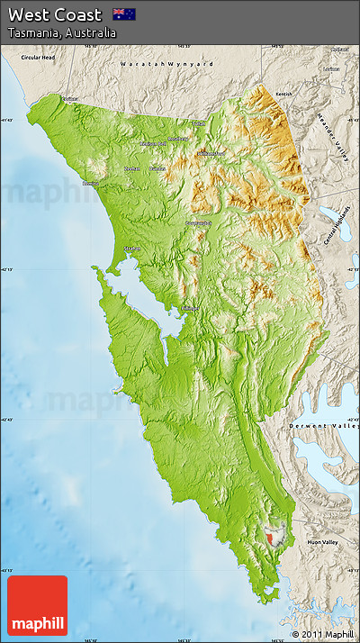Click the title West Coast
(55, 14)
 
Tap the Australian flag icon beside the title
(123, 14)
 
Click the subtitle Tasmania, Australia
(62, 33)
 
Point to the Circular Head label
(39, 58)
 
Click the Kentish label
(284, 94)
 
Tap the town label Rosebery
(178, 139)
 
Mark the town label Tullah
(198, 123)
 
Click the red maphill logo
(37, 605)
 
